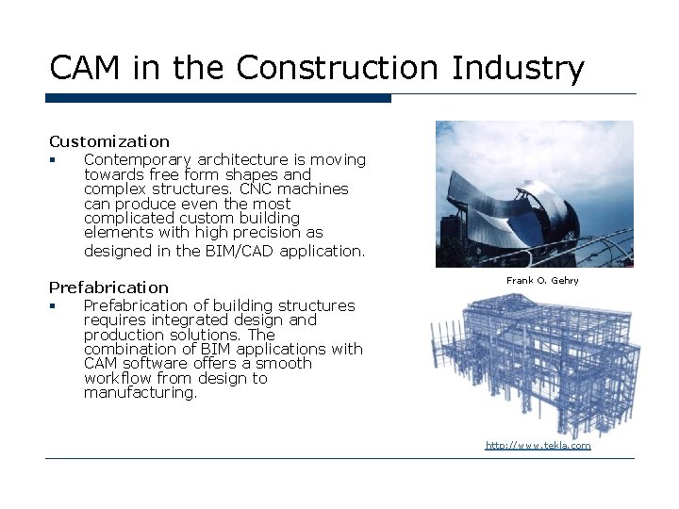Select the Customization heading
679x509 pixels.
(109, 141)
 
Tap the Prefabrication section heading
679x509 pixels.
(108, 287)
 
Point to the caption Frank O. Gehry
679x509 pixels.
(542, 281)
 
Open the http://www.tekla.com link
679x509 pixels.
(538, 445)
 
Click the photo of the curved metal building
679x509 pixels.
(534, 194)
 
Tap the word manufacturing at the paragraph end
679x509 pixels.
(140, 393)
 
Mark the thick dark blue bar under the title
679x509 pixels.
(218, 98)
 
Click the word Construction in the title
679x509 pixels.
(339, 68)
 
